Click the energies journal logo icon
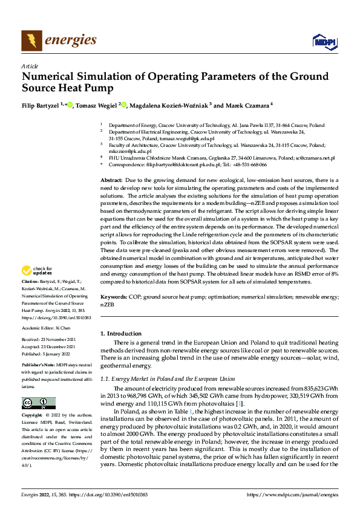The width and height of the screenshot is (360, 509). tap(31, 40)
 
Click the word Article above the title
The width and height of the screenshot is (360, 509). tap(29, 66)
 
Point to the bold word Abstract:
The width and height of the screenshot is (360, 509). tap(111, 181)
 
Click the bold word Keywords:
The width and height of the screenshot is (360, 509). tap(113, 297)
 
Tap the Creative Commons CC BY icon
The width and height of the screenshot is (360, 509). tap(38, 403)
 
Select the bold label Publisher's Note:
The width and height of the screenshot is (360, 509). tap(38, 366)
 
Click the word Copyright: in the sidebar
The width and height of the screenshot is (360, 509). tap(33, 416)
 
